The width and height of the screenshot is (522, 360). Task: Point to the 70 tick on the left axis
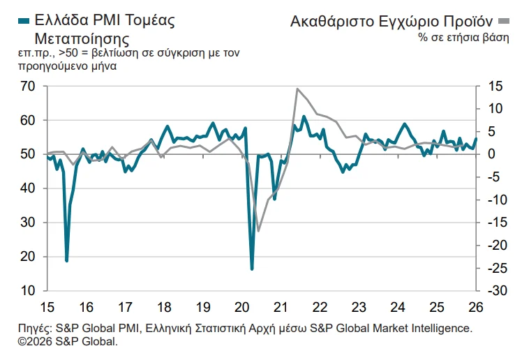pos(28,86)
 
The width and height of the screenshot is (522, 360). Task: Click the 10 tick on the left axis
pos(28,290)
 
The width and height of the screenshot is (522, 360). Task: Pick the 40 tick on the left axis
pos(28,188)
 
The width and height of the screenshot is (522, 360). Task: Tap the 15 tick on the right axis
pos(494,86)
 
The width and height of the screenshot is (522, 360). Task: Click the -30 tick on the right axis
pos(493,290)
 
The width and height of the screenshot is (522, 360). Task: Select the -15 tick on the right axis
pos(493,223)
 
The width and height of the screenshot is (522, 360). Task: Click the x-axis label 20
pos(243,307)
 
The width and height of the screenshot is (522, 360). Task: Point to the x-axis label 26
pos(476,307)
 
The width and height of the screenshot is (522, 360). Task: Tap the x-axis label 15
pos(47,307)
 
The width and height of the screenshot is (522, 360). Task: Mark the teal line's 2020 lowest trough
pos(252,269)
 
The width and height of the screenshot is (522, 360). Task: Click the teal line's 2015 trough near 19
pos(67,260)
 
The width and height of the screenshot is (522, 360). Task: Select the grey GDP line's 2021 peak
pos(297,89)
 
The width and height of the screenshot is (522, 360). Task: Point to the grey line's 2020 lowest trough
pos(258,230)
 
